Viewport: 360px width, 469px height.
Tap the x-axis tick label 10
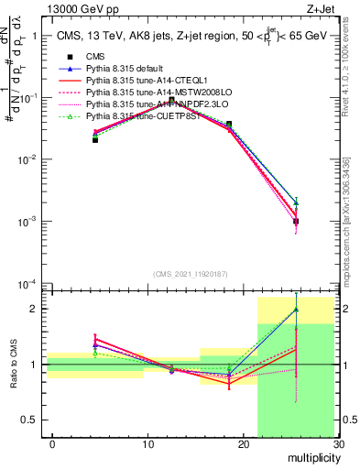tap(147, 444)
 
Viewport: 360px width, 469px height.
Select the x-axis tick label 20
tap(243, 444)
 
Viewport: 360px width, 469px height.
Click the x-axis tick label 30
tap(338, 444)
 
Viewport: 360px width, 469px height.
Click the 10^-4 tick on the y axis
tap(31, 283)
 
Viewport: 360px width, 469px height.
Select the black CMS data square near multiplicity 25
tap(296, 221)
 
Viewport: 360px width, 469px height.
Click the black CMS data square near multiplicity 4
tap(95, 139)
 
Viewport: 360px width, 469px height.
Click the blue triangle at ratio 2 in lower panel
tap(296, 309)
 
